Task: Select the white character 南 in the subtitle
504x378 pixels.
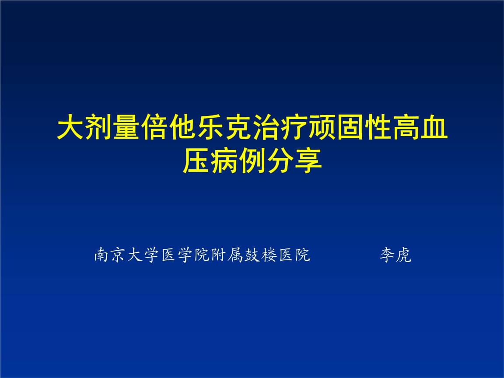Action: (102, 255)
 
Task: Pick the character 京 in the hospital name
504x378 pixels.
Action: (119, 255)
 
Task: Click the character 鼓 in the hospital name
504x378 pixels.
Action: (252, 255)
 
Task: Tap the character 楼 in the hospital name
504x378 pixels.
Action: (268, 255)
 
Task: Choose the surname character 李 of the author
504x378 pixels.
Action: (387, 255)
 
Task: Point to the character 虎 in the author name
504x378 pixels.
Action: (403, 255)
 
